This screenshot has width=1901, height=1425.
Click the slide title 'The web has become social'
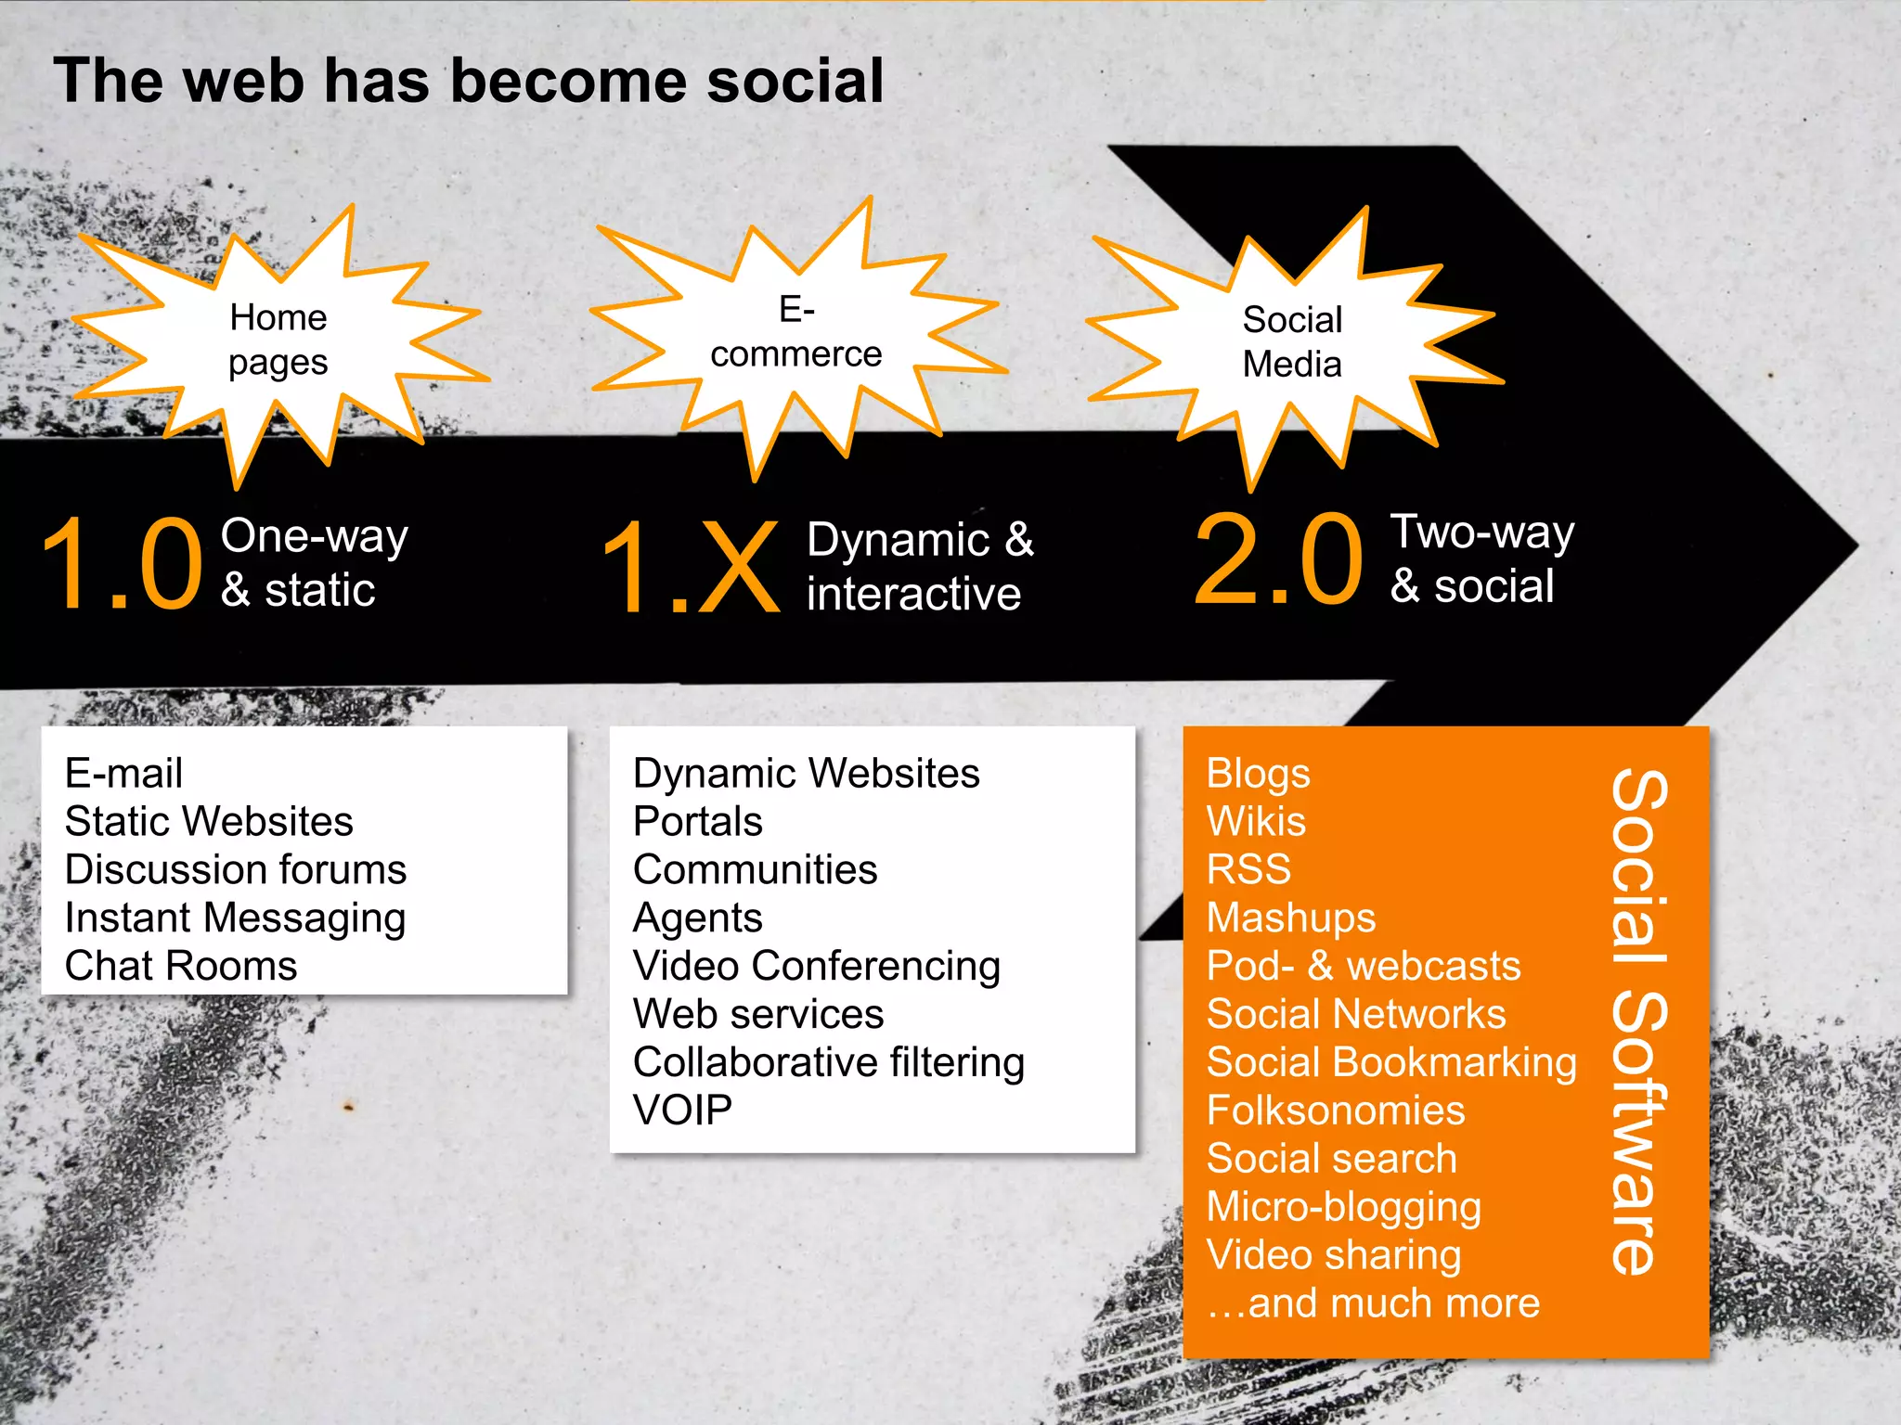click(469, 82)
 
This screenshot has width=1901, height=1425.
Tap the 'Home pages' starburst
click(278, 340)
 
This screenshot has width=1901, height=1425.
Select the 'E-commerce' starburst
click(795, 332)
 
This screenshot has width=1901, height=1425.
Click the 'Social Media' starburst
click(1292, 342)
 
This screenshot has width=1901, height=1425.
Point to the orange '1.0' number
click(123, 564)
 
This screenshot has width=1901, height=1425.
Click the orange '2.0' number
click(1278, 559)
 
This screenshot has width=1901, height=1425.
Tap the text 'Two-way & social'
click(1481, 559)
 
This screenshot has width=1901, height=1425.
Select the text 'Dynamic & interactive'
click(919, 567)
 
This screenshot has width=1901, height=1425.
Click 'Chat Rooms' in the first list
click(181, 967)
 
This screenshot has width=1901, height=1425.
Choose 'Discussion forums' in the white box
click(236, 870)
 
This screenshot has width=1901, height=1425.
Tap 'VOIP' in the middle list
click(682, 1110)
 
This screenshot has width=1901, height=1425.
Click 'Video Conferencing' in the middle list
click(816, 967)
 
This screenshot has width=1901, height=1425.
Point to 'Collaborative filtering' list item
click(828, 1063)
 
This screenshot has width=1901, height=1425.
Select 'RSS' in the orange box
click(1248, 870)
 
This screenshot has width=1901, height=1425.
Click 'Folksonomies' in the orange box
click(1335, 1111)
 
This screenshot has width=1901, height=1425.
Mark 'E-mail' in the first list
click(123, 774)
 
